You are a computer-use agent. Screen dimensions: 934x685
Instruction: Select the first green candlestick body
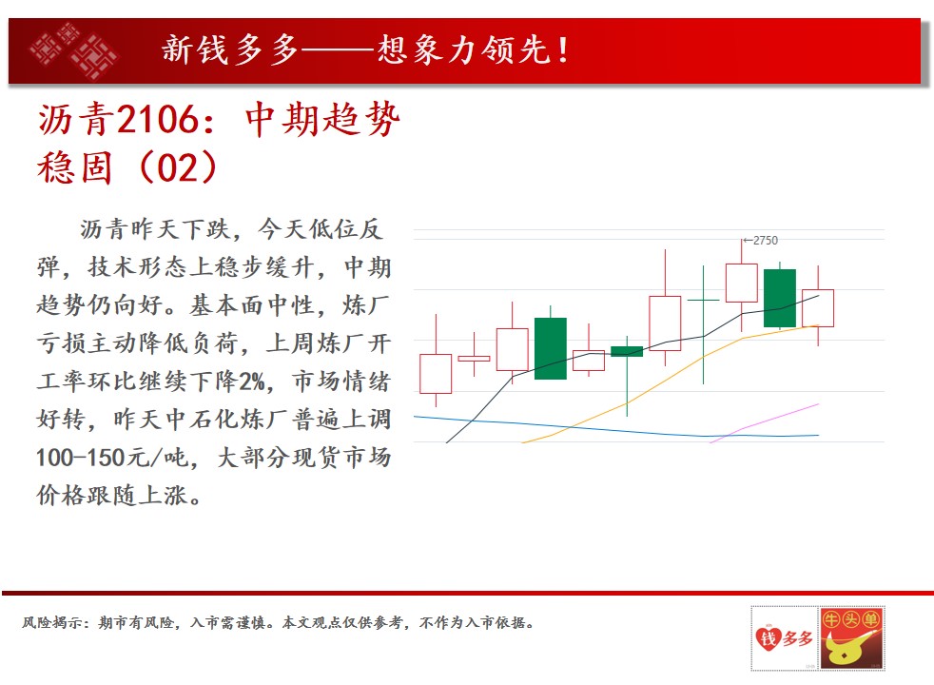tap(551, 348)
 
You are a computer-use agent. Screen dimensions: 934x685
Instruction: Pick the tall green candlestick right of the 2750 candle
tap(780, 298)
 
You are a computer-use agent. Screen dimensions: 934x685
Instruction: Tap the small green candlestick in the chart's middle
tap(627, 351)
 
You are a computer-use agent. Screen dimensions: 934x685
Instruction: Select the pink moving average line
tap(765, 423)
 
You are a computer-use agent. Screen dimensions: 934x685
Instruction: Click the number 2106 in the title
tap(157, 120)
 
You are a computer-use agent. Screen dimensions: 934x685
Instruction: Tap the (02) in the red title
tap(178, 167)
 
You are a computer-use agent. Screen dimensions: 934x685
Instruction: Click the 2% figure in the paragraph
tap(252, 381)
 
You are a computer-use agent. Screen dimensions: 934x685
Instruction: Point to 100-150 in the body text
tap(83, 458)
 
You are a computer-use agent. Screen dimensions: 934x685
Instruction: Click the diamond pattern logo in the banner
tap(74, 50)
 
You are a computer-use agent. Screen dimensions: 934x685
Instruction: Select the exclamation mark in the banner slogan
tap(563, 50)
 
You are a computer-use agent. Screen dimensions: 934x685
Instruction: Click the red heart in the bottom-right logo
tap(768, 638)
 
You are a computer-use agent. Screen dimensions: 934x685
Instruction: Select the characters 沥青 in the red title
tap(76, 120)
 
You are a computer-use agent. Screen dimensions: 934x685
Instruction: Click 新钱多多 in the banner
tap(230, 49)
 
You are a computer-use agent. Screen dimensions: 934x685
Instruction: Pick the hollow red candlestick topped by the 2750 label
tap(742, 283)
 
